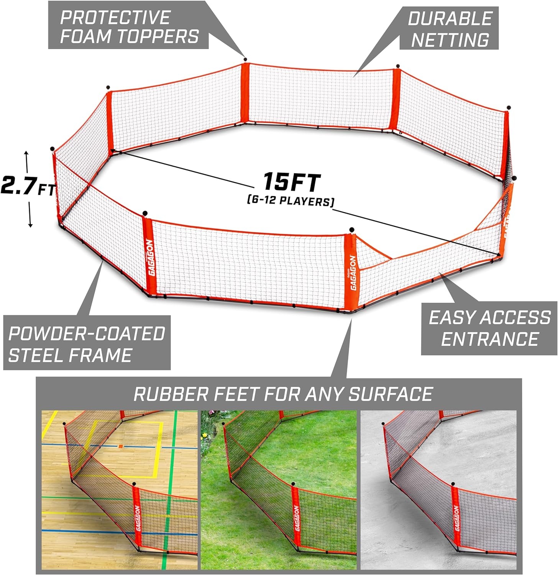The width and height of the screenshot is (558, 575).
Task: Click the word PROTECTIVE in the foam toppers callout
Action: pyautogui.click(x=115, y=17)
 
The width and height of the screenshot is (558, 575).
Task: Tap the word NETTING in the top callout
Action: pyautogui.click(x=450, y=39)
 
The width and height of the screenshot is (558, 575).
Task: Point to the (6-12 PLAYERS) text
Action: pyautogui.click(x=290, y=200)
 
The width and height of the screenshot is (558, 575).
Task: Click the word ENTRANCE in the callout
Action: pyautogui.click(x=490, y=339)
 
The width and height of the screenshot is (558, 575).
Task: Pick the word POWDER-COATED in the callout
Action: pyautogui.click(x=87, y=334)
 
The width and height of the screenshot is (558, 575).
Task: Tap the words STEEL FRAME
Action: pyautogui.click(x=70, y=355)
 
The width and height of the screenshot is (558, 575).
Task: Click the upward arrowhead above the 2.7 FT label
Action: pyautogui.click(x=26, y=153)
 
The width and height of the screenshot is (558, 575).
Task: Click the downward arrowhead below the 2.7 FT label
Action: pyautogui.click(x=30, y=224)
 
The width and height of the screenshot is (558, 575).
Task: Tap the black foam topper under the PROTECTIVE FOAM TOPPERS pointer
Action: pyautogui.click(x=245, y=59)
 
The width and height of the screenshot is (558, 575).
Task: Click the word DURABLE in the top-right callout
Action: pyautogui.click(x=450, y=18)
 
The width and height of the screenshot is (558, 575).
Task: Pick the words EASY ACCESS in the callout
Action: pyautogui.click(x=490, y=318)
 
